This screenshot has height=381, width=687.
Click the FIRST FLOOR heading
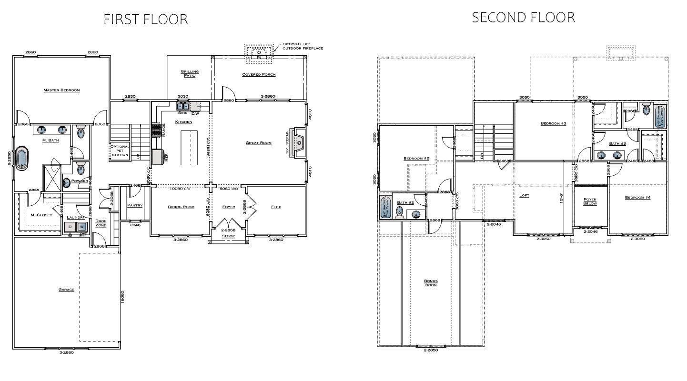pos(146,19)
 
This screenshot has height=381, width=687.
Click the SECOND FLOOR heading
pos(523,18)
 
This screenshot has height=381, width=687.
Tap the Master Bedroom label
pos(61,90)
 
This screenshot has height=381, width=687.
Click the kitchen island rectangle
pos(189,148)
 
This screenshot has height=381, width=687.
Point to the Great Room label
pos(258,142)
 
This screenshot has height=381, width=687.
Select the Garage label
pos(66,289)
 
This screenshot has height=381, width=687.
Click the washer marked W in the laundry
pos(82,227)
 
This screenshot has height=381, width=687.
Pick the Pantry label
pos(135,205)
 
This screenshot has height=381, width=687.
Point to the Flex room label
pos(275,207)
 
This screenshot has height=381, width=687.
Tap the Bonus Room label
pos(431,283)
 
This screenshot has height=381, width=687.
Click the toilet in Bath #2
pos(399,214)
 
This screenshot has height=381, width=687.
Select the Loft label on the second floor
pos(524,195)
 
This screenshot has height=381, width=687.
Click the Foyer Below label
pos(590,202)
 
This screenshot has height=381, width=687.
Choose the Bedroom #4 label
pos(637,197)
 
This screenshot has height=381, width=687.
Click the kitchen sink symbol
pos(183,107)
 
